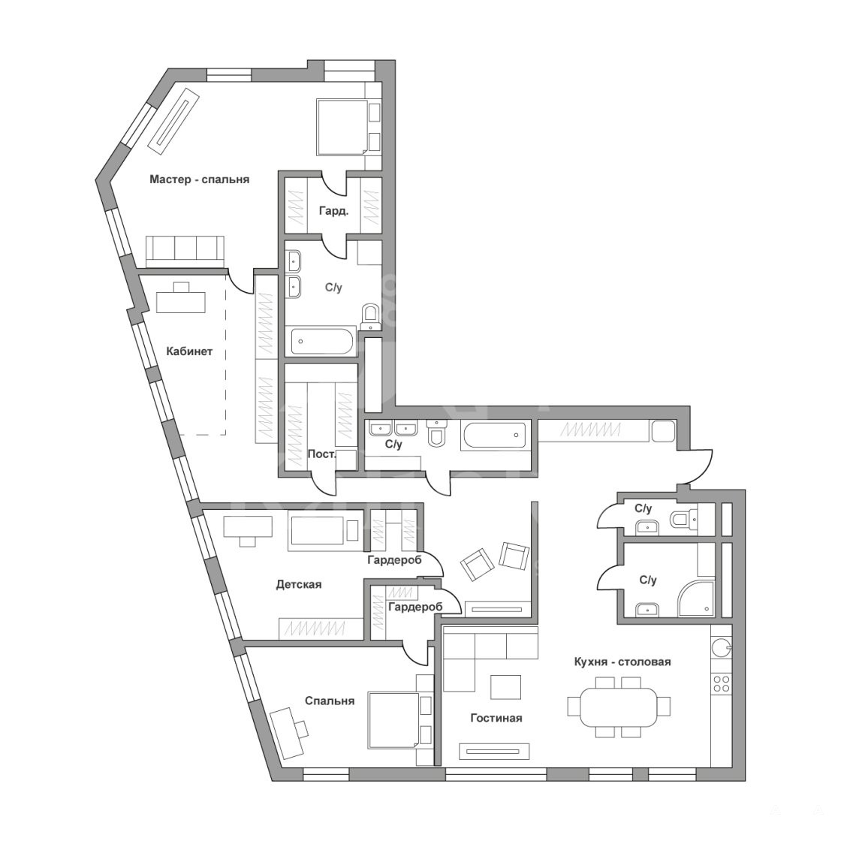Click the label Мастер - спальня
coord(199,179)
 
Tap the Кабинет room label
coord(189,351)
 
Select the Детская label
coord(299,584)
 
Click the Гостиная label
coord(496,718)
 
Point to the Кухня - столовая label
coord(622,662)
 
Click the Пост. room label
coord(322,454)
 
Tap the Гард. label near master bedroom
coord(333,211)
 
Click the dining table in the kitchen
coord(619,706)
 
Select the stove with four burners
coord(722,683)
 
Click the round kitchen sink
coord(721,648)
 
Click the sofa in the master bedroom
coord(185,251)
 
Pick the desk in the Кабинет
coord(181,297)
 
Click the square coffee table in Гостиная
coord(506,687)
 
